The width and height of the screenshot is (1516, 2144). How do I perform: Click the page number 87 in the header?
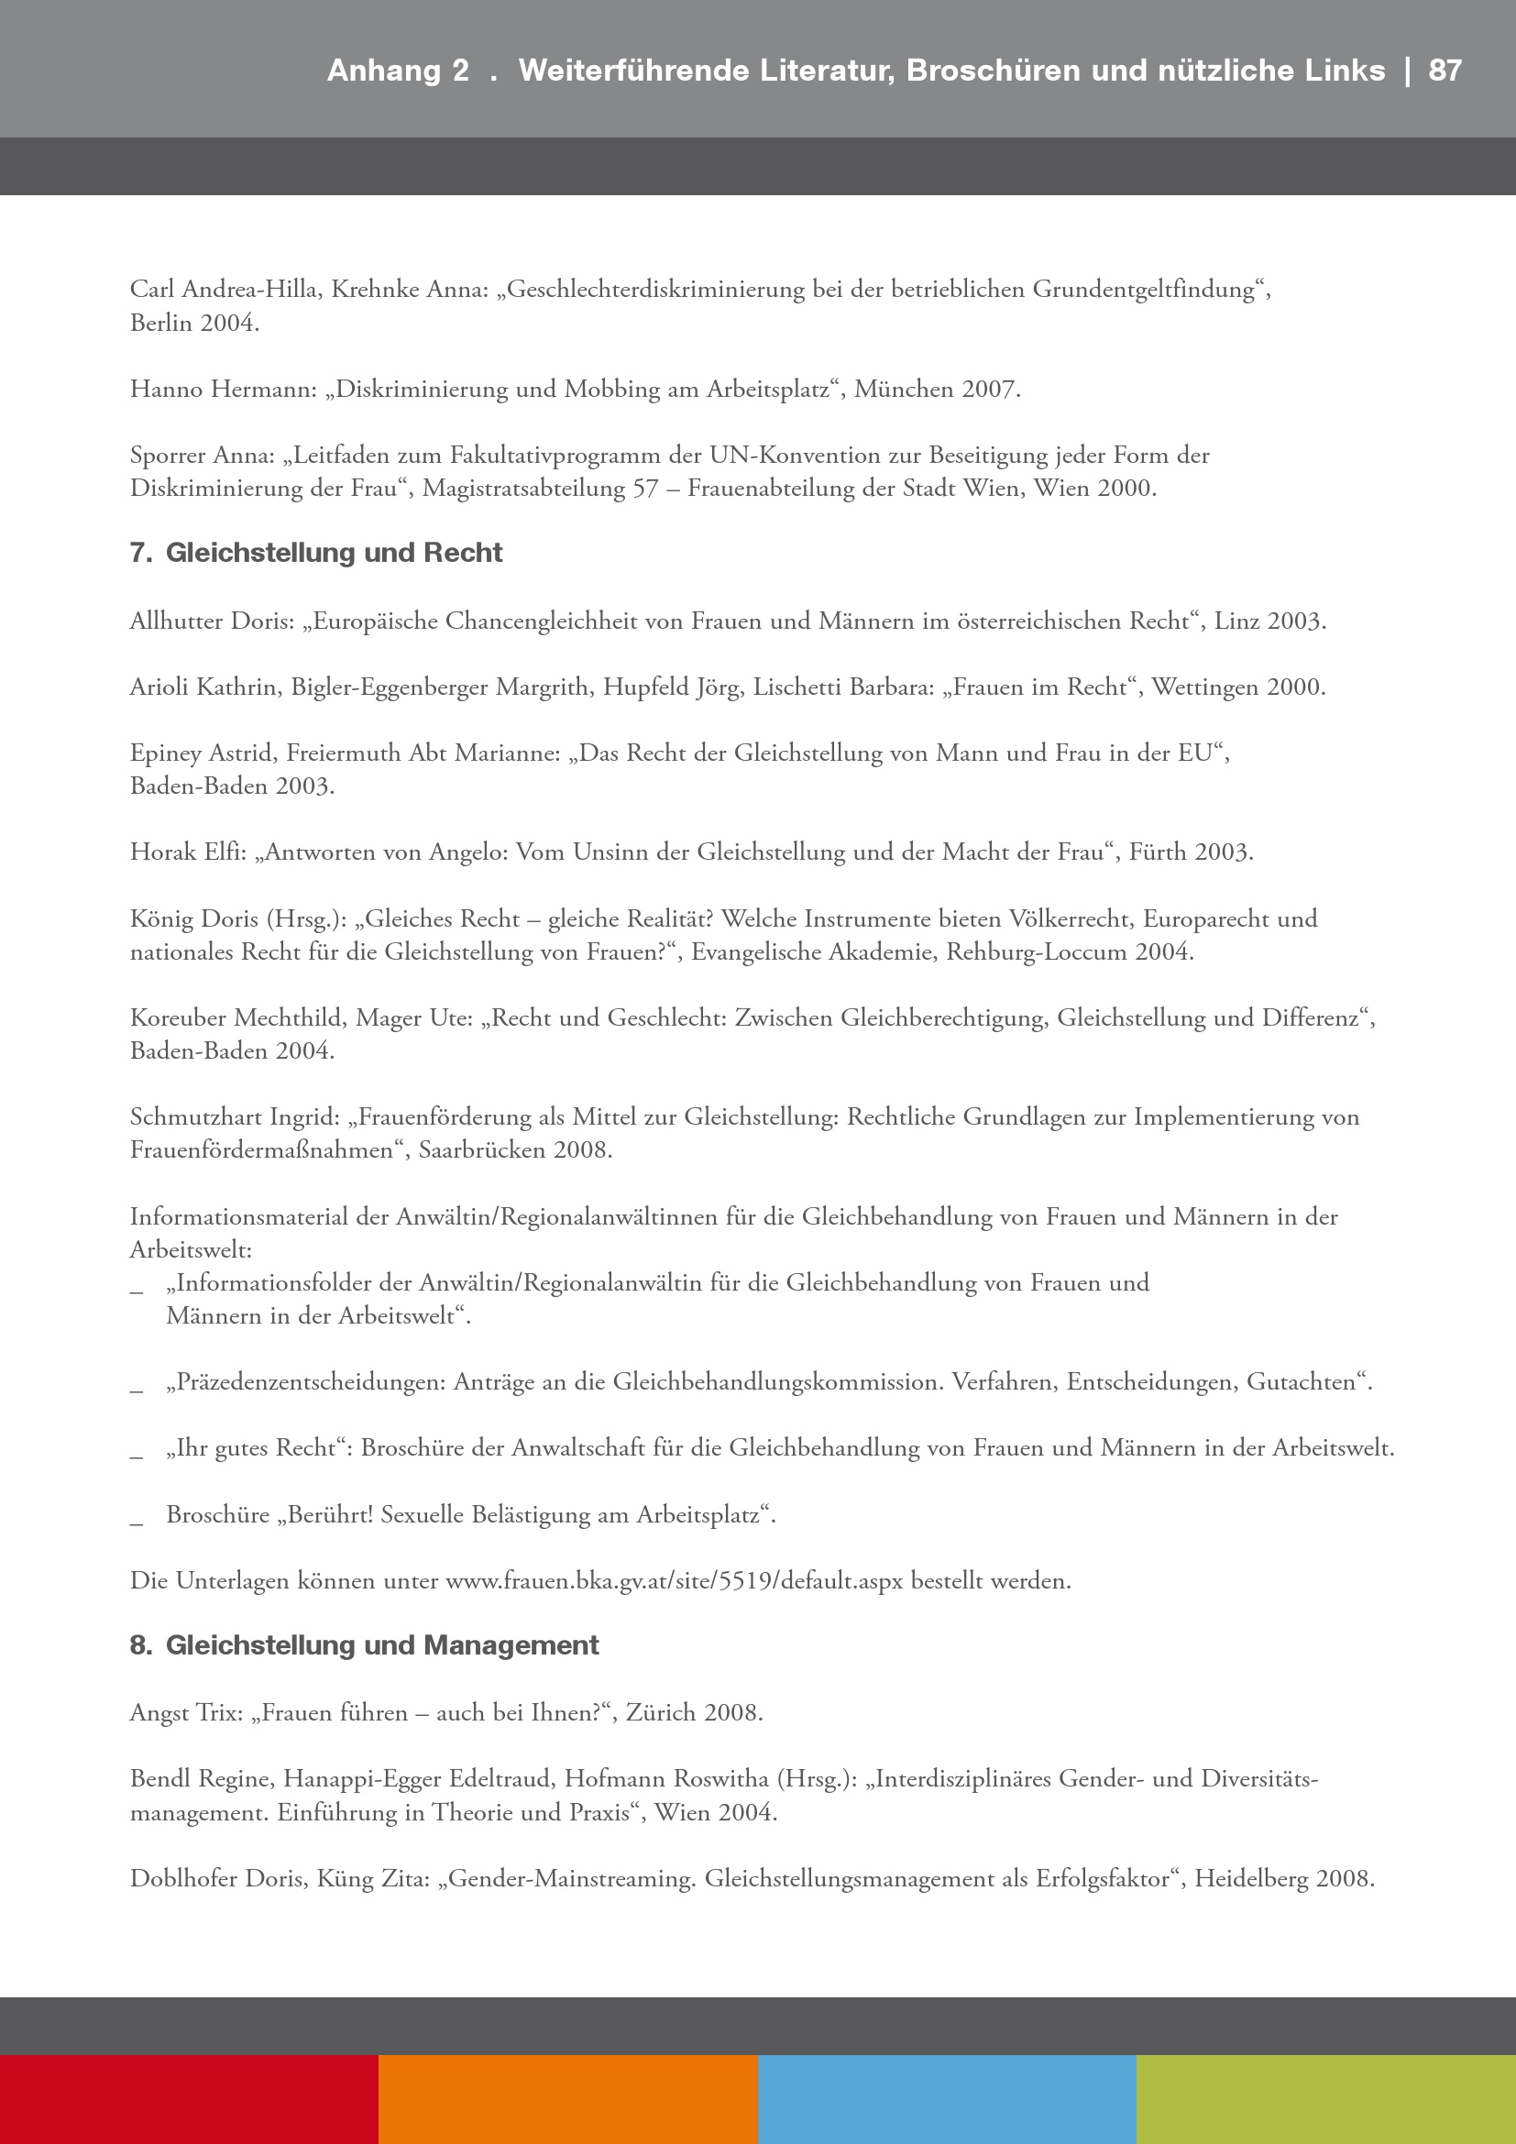(x=1445, y=71)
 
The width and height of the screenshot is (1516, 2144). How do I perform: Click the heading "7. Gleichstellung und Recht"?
(x=315, y=553)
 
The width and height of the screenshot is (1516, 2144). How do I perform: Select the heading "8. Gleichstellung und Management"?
(x=364, y=1645)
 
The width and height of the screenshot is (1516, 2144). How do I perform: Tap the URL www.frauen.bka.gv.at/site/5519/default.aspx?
(x=674, y=1581)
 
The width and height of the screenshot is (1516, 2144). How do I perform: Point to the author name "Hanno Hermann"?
(x=222, y=390)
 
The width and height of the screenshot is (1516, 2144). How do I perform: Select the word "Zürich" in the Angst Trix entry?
(x=661, y=1713)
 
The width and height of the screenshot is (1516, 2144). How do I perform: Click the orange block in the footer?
(x=567, y=2099)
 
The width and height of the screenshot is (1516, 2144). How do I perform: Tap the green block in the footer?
(x=1325, y=2099)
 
